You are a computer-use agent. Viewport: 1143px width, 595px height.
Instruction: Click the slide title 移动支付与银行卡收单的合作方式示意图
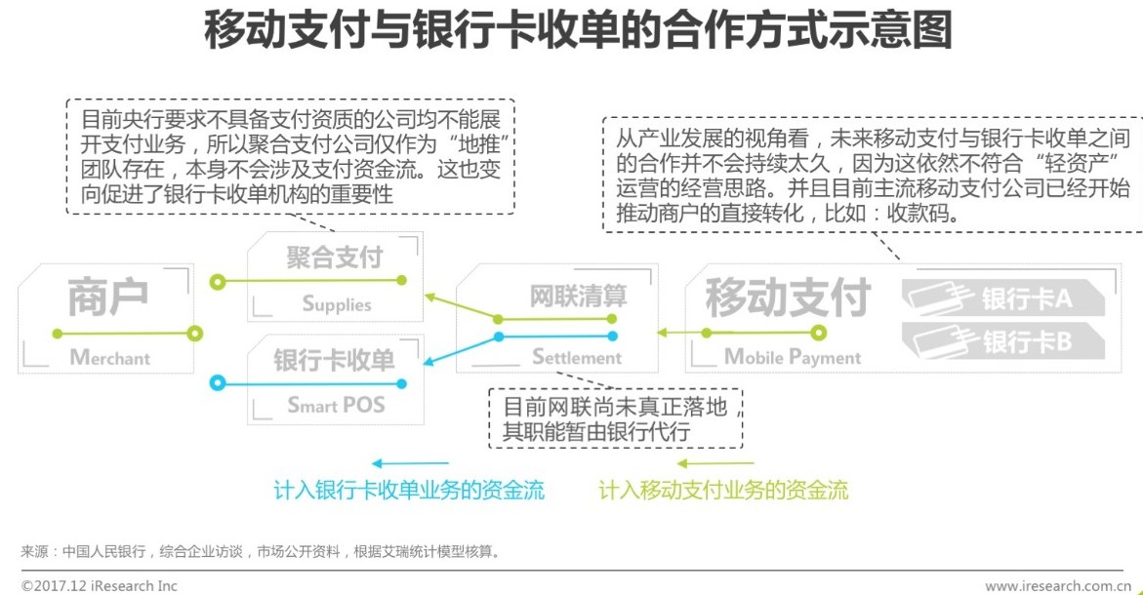point(578,31)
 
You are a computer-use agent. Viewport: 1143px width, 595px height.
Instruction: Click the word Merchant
point(110,358)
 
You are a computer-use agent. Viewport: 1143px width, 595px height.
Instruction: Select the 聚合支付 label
point(335,258)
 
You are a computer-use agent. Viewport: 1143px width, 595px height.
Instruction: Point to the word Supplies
point(337,303)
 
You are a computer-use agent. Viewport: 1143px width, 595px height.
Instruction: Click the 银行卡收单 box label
point(335,360)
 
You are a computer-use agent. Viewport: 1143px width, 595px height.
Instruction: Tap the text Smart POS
point(336,404)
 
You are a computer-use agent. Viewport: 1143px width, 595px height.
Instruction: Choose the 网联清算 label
point(578,296)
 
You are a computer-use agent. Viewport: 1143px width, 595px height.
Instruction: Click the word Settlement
point(577,357)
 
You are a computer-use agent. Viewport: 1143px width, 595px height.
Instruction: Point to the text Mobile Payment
point(793,357)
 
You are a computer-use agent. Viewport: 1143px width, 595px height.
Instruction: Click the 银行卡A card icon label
point(1025,298)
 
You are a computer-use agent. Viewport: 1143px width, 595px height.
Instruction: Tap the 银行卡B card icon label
point(1025,341)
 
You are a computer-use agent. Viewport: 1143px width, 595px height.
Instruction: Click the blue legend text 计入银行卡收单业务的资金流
point(409,490)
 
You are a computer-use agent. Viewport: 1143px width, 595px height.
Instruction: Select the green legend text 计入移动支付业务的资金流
point(723,490)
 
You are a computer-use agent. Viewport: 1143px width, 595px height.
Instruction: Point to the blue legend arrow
point(410,463)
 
